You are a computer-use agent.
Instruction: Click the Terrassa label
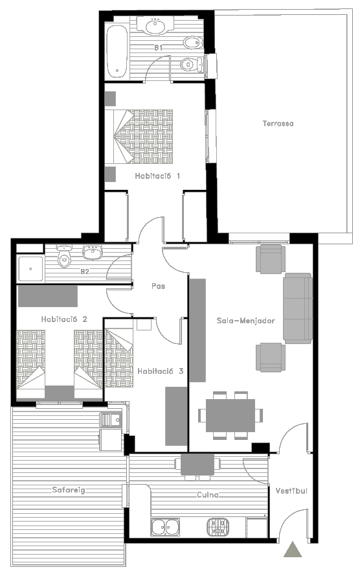278,123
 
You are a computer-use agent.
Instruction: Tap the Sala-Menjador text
245,321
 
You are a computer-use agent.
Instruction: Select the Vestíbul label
291,490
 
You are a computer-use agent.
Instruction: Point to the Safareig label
69,490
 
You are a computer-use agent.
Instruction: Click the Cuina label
208,495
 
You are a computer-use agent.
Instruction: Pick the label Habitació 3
160,371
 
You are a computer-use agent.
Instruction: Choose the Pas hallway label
158,286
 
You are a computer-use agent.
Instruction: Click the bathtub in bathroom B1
117,51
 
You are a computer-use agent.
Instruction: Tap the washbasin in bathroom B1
155,26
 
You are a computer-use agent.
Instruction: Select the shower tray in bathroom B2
30,269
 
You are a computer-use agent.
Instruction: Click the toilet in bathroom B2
65,256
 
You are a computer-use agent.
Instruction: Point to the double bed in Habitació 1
139,136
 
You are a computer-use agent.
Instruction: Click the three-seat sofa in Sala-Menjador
298,308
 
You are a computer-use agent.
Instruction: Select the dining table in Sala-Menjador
231,415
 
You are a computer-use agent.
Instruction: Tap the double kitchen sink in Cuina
166,527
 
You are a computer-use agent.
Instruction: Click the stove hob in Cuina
218,527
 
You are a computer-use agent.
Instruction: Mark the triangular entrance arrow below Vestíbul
293,549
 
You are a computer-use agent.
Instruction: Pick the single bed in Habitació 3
119,358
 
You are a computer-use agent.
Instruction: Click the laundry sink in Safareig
111,419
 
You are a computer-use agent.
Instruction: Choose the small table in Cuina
197,465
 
